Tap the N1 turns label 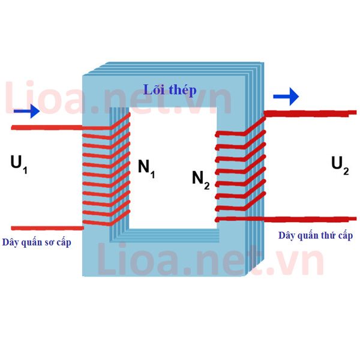pyautogui.click(x=146, y=169)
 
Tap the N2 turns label pyautogui.click(x=200, y=181)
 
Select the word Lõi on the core pyautogui.click(x=154, y=89)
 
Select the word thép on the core pyautogui.click(x=182, y=91)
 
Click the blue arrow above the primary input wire pyautogui.click(x=26, y=111)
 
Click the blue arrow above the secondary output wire pyautogui.click(x=286, y=97)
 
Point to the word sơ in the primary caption pyautogui.click(x=49, y=243)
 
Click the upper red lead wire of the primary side pyautogui.click(x=47, y=127)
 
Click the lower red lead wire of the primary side pyautogui.click(x=47, y=228)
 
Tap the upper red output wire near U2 pyautogui.click(x=310, y=113)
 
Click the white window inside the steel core pyautogui.click(x=173, y=168)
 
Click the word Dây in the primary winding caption pyautogui.click(x=10, y=242)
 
